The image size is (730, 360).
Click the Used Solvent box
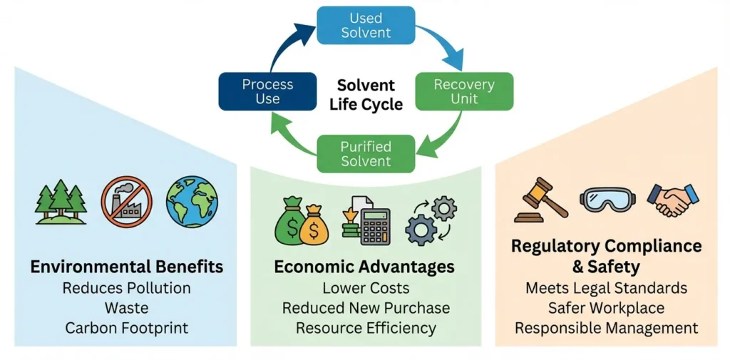tap(366, 26)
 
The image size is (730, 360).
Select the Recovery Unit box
tap(463, 91)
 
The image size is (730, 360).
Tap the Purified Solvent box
tap(366, 154)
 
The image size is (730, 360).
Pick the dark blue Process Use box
tap(267, 91)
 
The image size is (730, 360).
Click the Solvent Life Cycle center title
tap(366, 95)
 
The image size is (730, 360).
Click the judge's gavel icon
tap(542, 200)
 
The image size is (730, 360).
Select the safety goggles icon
tap(607, 200)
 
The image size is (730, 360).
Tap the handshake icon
tap(672, 200)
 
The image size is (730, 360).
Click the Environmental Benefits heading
tap(126, 267)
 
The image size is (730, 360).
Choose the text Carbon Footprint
tap(126, 328)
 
